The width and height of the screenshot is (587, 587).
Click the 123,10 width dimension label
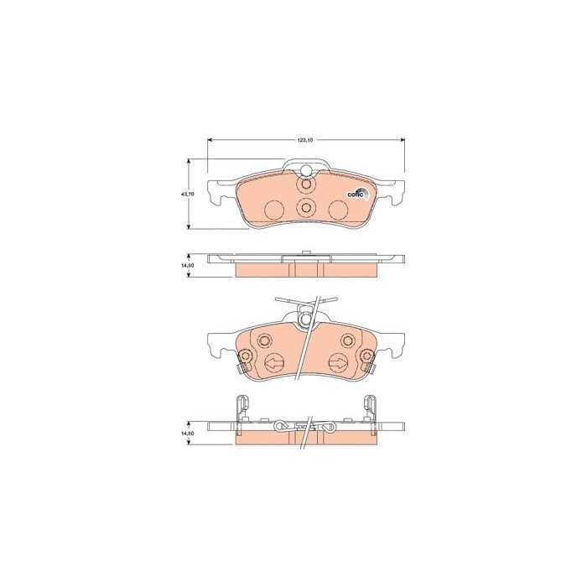[x=304, y=139]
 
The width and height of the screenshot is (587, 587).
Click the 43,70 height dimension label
[x=188, y=194]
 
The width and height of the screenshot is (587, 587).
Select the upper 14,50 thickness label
[x=188, y=265]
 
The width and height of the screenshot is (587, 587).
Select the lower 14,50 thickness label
[x=188, y=433]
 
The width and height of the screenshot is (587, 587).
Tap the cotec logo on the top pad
[x=356, y=195]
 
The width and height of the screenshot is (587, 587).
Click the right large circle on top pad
[x=337, y=210]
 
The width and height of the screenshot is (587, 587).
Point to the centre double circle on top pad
[x=305, y=209]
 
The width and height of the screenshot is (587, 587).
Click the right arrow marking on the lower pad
[x=337, y=363]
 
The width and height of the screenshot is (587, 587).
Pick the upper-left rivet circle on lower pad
[x=264, y=340]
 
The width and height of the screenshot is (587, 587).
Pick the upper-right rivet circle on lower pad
[x=347, y=340]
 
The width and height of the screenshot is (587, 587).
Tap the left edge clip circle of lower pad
[x=247, y=358]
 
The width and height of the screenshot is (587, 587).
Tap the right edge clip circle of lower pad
[x=366, y=358]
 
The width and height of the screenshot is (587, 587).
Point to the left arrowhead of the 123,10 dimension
[x=210, y=139]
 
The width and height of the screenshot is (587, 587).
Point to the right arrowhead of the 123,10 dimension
[x=403, y=139]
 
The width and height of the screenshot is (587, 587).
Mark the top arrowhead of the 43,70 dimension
[x=188, y=161]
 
